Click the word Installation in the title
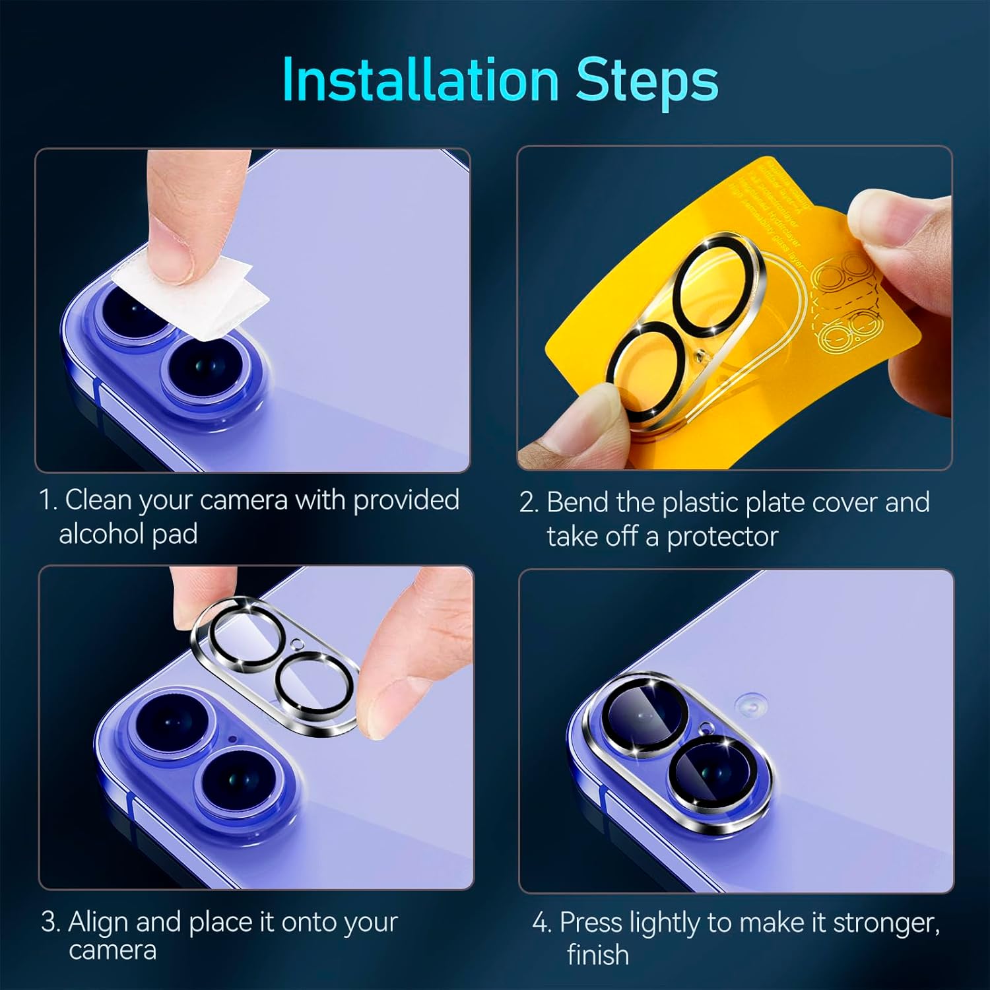pyautogui.click(x=420, y=80)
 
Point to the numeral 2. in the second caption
pyautogui.click(x=529, y=503)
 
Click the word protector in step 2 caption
pyautogui.click(x=722, y=537)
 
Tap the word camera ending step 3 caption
pyautogui.click(x=112, y=950)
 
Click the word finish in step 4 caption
pyautogui.click(x=597, y=955)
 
